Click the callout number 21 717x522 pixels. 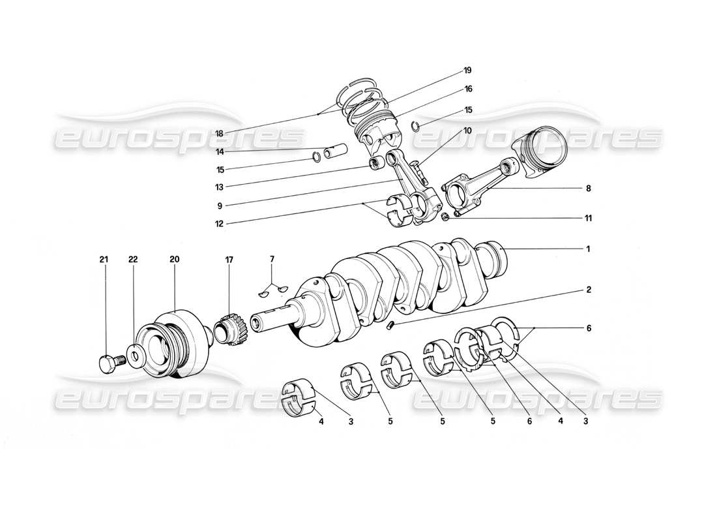click(103, 259)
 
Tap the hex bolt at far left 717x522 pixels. click(108, 363)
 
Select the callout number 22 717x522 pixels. click(134, 259)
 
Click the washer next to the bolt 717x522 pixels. click(136, 356)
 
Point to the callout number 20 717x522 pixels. click(174, 259)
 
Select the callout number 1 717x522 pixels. click(587, 249)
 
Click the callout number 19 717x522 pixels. click(467, 70)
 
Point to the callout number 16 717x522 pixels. click(467, 89)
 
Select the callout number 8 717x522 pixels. click(587, 189)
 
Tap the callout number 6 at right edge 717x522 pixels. click(587, 329)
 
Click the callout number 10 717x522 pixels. click(467, 130)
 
